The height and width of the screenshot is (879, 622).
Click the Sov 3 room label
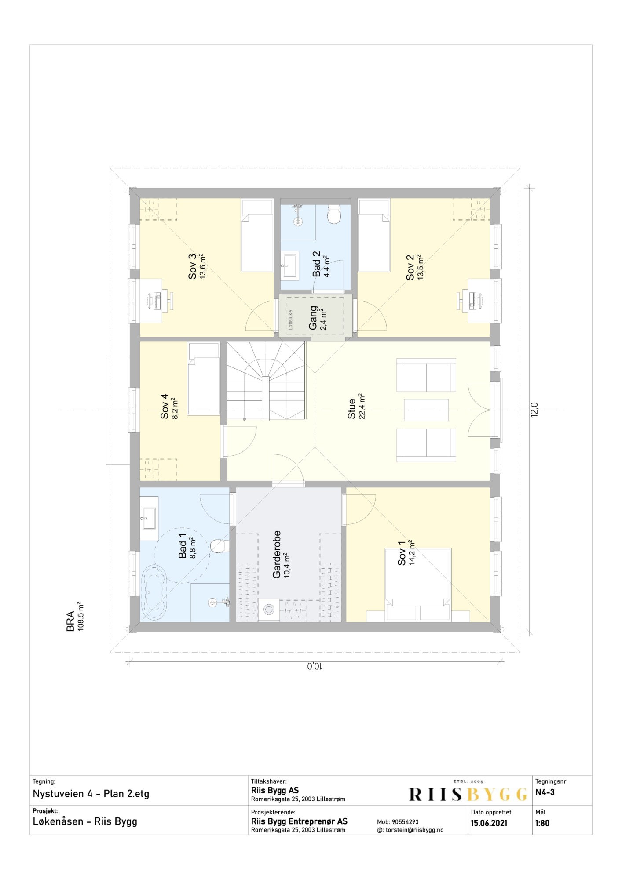point(192,267)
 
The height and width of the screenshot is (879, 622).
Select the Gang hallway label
point(313,318)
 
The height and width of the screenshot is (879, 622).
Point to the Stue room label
point(351,408)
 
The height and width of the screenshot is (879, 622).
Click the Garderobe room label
point(277,555)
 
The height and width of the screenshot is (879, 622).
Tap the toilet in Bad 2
point(334,214)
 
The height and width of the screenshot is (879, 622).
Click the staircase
point(266,381)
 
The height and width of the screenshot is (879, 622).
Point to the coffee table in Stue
point(426,410)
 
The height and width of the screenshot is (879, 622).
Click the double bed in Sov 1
point(418,585)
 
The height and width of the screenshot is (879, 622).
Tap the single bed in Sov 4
point(204,378)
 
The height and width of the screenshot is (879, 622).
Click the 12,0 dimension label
point(534,410)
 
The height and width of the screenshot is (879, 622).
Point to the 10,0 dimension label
point(315,666)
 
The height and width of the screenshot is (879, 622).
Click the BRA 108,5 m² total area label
point(75,617)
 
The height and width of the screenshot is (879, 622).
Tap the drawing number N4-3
point(545,792)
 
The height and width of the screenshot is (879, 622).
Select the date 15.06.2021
point(489,823)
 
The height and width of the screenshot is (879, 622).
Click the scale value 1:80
point(542,823)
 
